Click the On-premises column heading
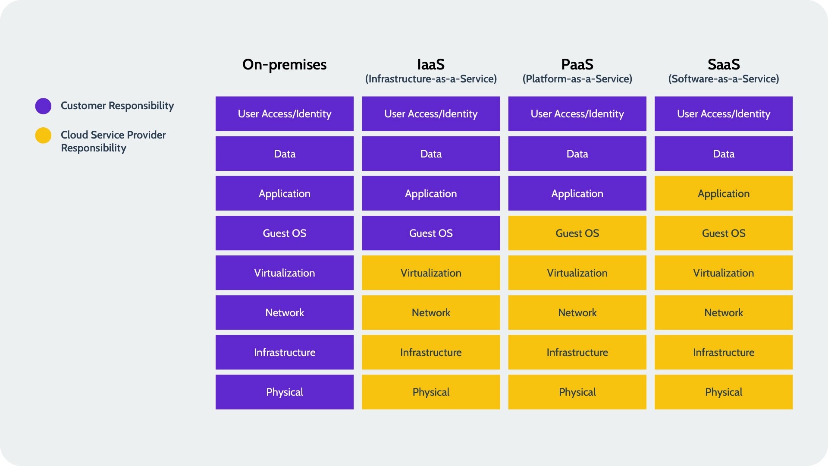[284, 65]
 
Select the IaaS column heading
[431, 65]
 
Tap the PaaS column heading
[577, 65]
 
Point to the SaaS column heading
[724, 65]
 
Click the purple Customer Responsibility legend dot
[43, 106]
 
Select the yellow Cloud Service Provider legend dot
[43, 135]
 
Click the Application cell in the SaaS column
[724, 193]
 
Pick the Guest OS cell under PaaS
[577, 233]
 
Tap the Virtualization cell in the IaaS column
[431, 273]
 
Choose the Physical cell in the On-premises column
[284, 392]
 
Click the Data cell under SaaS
[724, 154]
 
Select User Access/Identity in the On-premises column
[284, 114]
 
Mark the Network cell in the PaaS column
[577, 312]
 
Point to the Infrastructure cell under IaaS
[431, 352]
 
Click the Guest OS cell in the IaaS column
[431, 233]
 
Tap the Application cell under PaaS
[577, 193]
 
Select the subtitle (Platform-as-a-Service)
[577, 79]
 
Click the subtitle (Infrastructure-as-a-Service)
[431, 79]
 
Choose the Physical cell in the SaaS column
[724, 392]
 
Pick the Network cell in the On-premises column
[284, 312]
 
